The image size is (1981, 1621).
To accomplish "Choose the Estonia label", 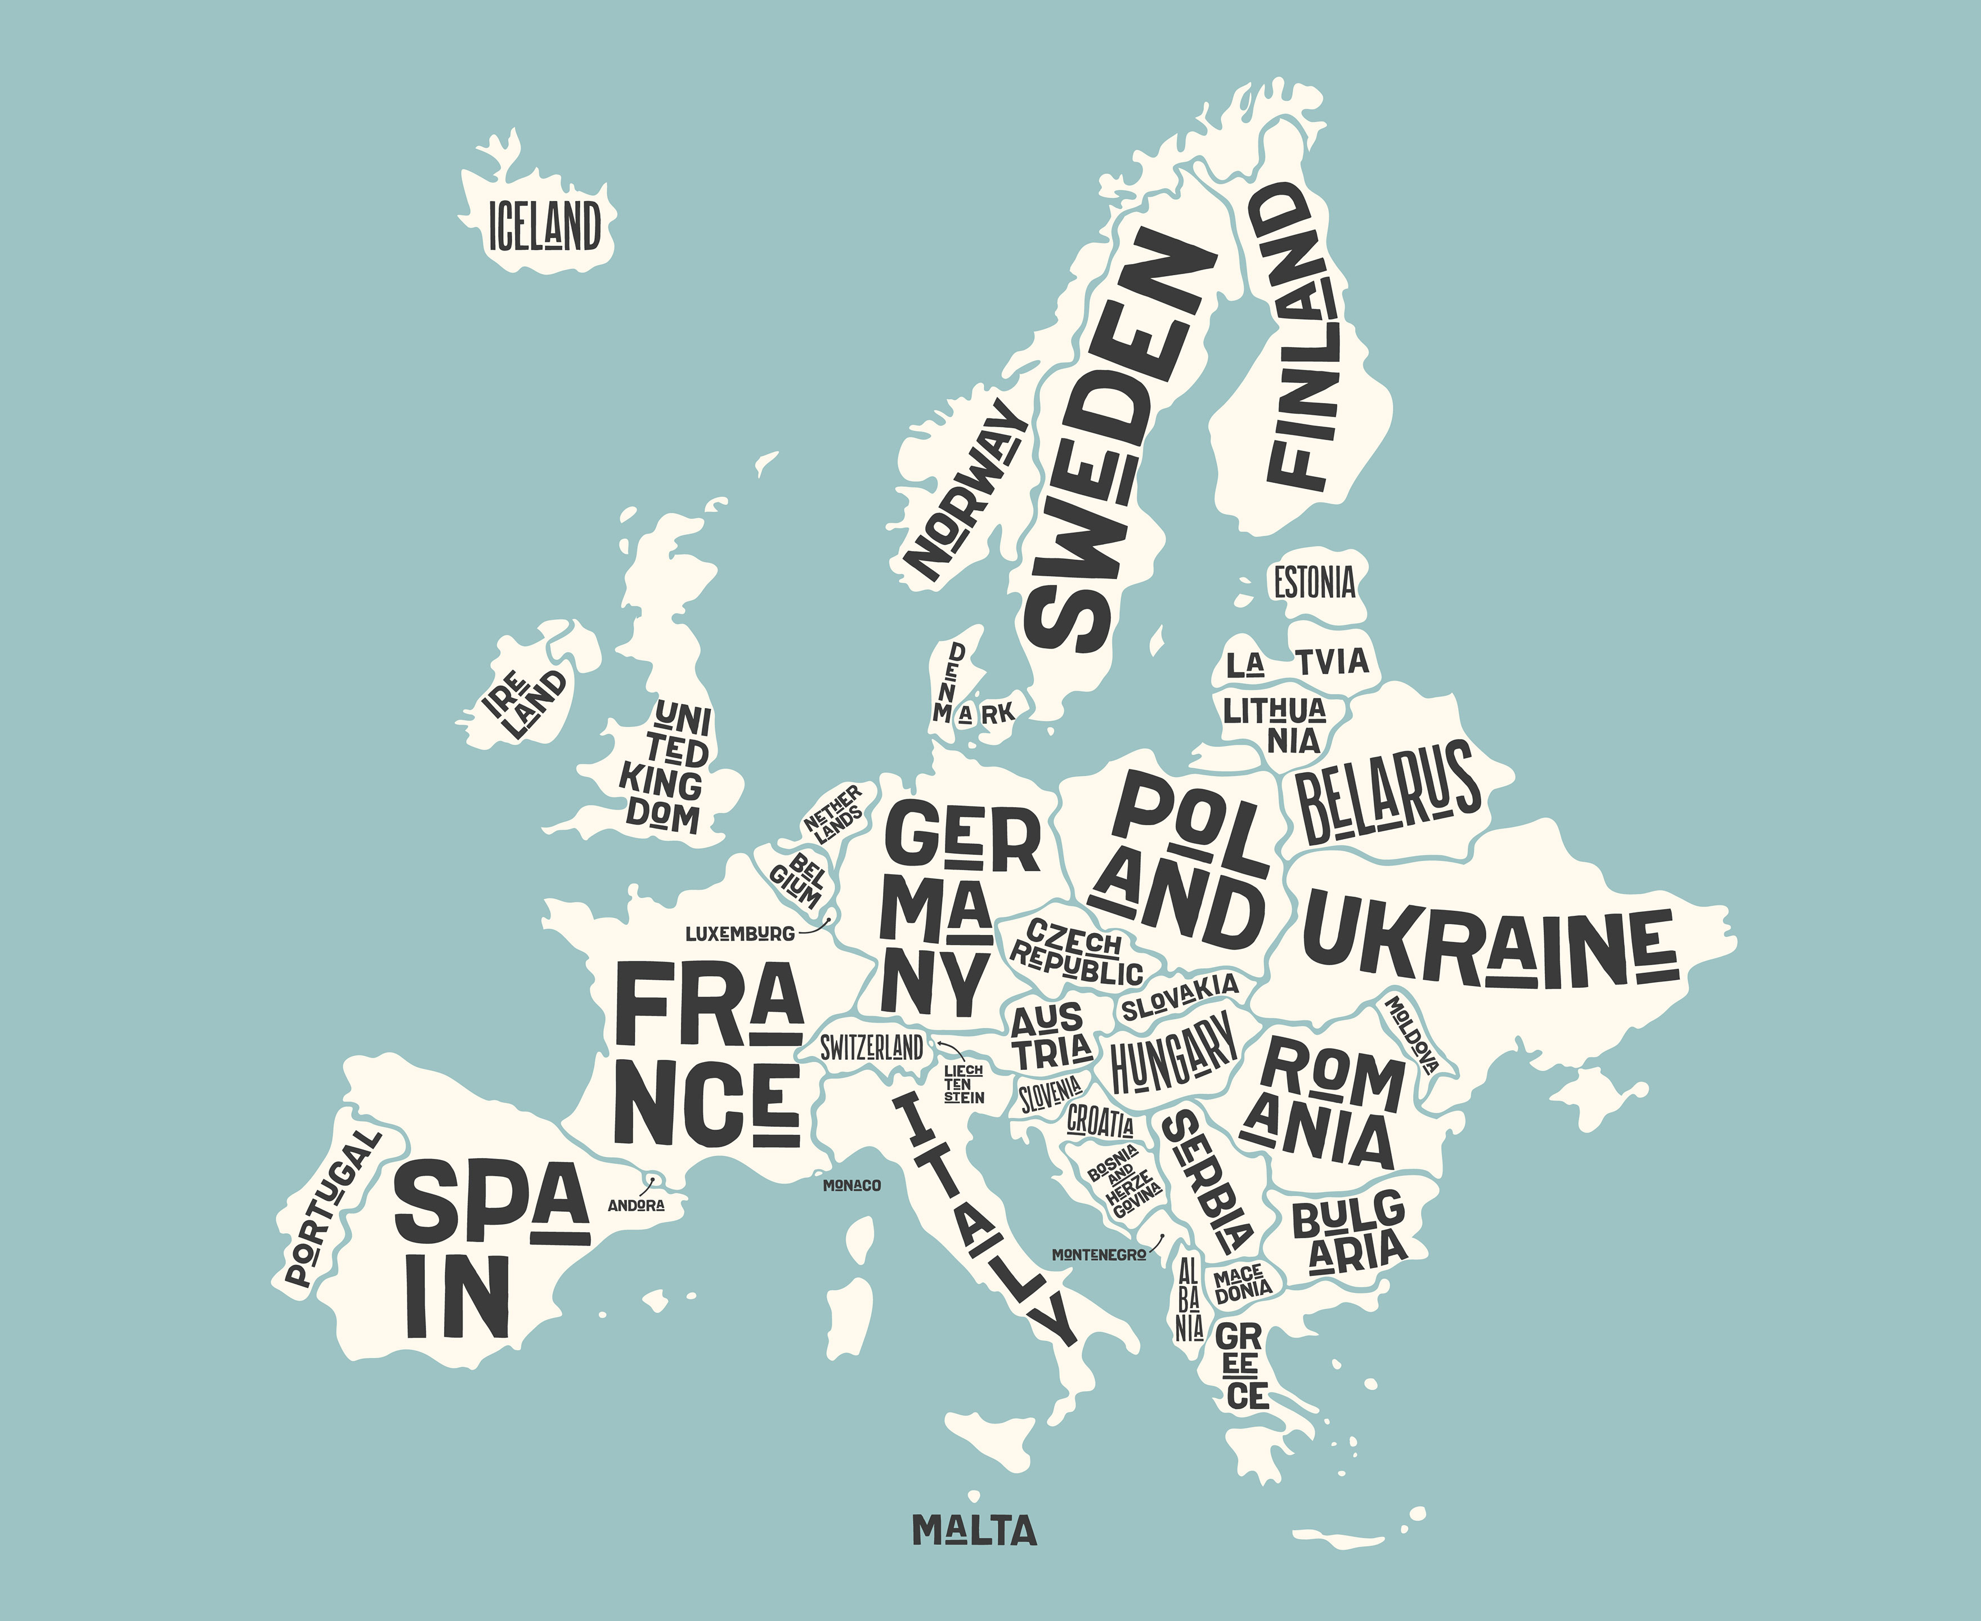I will (1315, 583).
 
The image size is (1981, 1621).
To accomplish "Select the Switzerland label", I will (871, 1047).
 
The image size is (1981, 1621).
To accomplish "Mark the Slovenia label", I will (1050, 1094).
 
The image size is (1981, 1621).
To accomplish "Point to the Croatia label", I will (1100, 1121).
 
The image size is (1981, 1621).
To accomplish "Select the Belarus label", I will (1387, 792).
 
